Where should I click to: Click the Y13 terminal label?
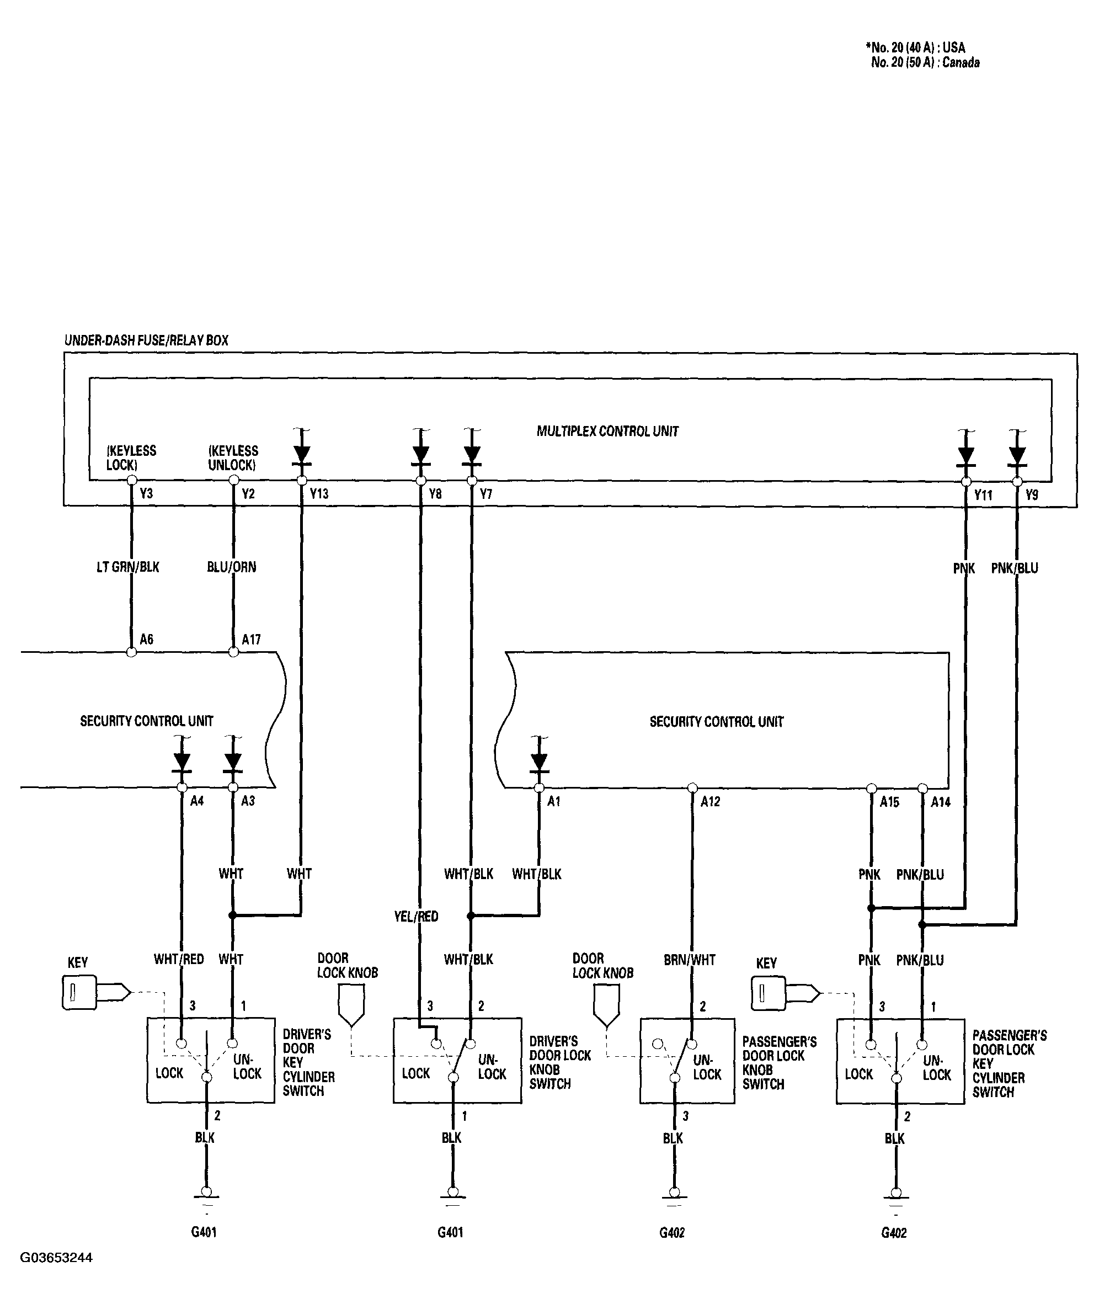click(x=319, y=494)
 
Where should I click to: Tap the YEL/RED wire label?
click(x=416, y=917)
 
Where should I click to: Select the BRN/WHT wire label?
click(x=690, y=960)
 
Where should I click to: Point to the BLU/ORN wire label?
click(x=232, y=567)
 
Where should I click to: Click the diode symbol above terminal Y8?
click(x=420, y=455)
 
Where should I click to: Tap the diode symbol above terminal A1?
click(x=539, y=762)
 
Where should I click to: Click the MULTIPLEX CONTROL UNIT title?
click(x=607, y=431)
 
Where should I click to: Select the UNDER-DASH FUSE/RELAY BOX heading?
click(x=146, y=340)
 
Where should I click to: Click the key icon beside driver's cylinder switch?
click(x=96, y=992)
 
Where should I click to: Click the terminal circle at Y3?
click(x=131, y=480)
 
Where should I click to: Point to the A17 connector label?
click(x=251, y=639)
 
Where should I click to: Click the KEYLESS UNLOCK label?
click(x=233, y=458)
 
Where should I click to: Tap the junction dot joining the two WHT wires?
click(x=232, y=916)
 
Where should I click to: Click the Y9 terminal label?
click(x=1032, y=496)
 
